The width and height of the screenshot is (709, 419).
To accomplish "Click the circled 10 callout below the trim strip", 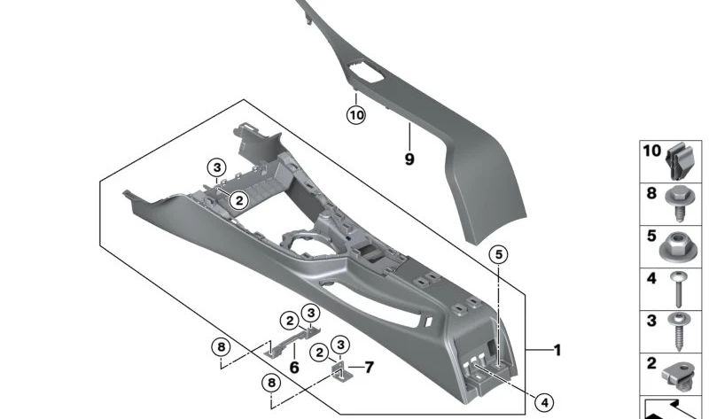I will click(x=355, y=115).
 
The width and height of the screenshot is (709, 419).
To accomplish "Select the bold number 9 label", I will click(x=409, y=159).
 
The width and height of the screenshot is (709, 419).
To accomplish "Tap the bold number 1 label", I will click(x=557, y=351).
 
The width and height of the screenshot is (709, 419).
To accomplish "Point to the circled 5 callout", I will click(x=499, y=255).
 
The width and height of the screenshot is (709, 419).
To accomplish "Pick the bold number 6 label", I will click(x=295, y=367).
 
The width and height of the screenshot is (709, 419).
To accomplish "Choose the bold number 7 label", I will click(x=370, y=366).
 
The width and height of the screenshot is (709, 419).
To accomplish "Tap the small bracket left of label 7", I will click(x=339, y=369).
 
